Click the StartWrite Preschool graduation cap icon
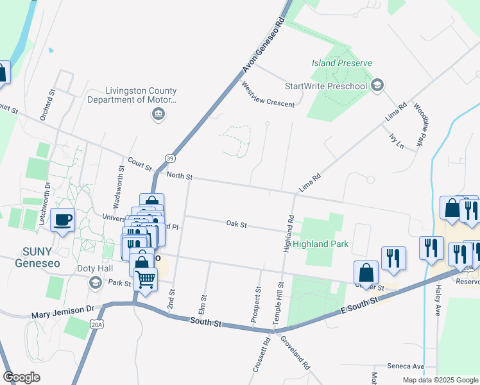(x=377, y=85)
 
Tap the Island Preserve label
(x=341, y=63)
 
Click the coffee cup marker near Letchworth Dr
(x=63, y=219)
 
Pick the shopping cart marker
(x=146, y=280)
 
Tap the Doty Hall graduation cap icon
(x=95, y=283)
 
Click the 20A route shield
(x=96, y=326)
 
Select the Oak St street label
(x=237, y=224)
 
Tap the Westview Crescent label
(x=268, y=95)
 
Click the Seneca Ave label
(x=406, y=366)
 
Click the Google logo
(x=21, y=377)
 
